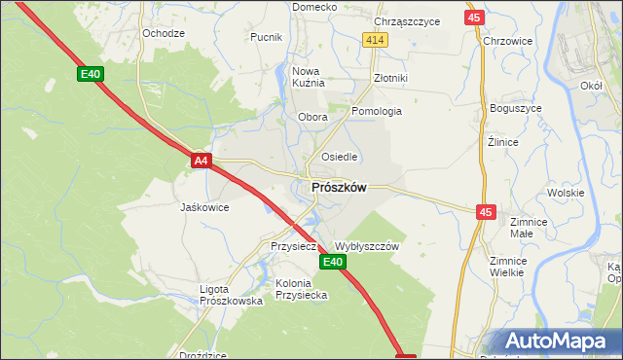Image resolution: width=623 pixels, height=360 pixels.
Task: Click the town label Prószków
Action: [x=339, y=188]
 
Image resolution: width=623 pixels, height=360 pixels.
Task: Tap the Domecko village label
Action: [x=314, y=7]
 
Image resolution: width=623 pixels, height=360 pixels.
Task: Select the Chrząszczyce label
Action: [x=407, y=20]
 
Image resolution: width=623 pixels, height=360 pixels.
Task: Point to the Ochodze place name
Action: [x=164, y=33]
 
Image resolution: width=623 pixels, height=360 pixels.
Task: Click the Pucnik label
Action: [x=266, y=37]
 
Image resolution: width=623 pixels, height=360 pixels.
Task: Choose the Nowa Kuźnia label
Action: [x=307, y=77]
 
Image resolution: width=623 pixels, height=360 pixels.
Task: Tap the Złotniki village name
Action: [x=390, y=78]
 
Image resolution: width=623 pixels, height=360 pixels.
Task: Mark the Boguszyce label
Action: [x=515, y=108]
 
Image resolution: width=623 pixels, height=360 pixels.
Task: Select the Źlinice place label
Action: [x=502, y=142]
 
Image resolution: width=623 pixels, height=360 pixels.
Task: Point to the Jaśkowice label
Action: [x=204, y=207]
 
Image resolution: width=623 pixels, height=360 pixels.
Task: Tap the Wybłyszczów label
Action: [x=367, y=247]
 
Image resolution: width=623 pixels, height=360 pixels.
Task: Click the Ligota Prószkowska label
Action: [x=231, y=296]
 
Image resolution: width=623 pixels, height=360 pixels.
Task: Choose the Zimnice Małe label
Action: [x=529, y=227]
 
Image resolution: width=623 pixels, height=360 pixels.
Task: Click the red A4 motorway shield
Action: [x=201, y=160]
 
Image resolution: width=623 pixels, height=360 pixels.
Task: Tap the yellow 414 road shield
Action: [x=377, y=39]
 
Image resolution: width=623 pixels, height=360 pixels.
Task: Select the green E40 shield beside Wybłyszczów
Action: [x=333, y=262]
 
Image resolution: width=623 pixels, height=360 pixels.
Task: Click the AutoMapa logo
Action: [x=558, y=341]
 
